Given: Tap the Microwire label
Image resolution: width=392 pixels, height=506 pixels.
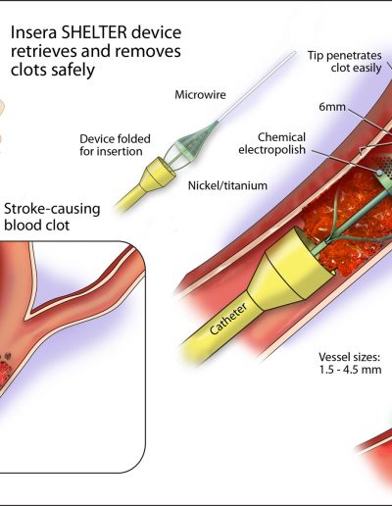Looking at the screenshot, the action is click(200, 95).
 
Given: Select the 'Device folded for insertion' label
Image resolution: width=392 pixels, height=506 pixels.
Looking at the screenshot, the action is click(115, 145).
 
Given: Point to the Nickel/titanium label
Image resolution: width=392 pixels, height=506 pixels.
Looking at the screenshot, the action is click(227, 185).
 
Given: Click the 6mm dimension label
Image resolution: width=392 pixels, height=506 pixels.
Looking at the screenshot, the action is click(332, 107).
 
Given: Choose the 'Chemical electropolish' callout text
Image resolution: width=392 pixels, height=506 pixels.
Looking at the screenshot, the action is click(272, 143).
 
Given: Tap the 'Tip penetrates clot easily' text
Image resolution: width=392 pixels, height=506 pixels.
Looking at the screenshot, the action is click(344, 62).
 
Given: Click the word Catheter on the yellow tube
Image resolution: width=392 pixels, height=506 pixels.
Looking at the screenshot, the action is click(228, 319).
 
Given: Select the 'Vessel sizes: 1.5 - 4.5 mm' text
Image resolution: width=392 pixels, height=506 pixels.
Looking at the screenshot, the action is click(350, 363).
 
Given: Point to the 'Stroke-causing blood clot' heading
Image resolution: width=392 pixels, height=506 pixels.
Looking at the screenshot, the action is click(52, 217).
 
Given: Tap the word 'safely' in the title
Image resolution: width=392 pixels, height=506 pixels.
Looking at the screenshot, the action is click(73, 70).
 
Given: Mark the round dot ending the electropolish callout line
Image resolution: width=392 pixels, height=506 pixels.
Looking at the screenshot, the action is click(379, 173).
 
